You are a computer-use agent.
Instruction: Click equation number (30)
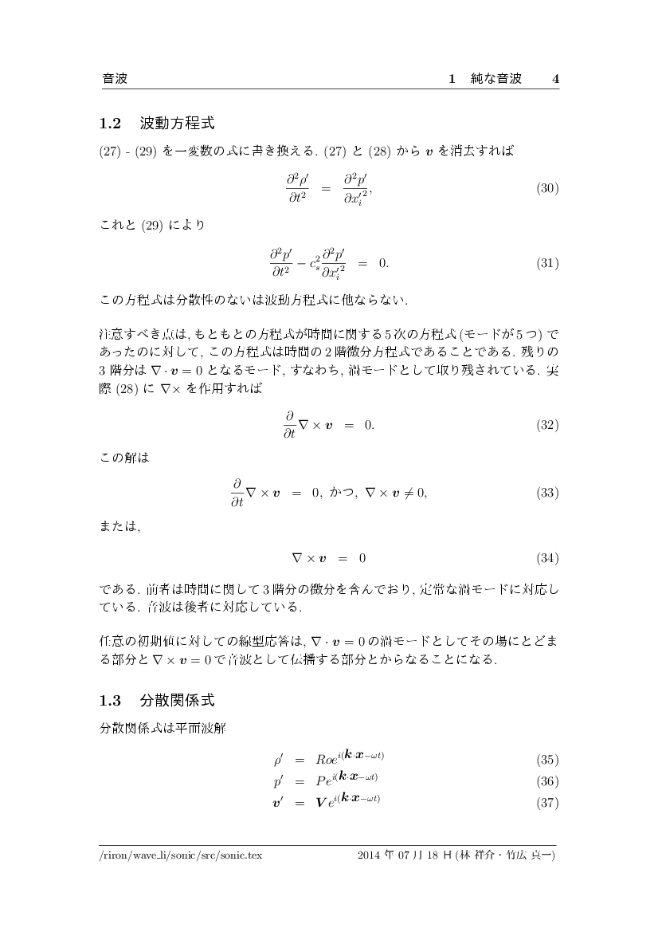[x=547, y=189]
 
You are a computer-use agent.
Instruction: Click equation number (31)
[x=547, y=262]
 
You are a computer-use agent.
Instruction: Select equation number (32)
[x=547, y=425]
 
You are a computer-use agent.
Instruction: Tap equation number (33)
[x=547, y=493]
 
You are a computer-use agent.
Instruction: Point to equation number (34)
[x=547, y=557]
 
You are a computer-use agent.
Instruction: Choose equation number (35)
[x=547, y=760]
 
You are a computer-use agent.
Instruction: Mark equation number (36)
[x=547, y=781]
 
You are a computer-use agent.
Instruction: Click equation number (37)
[x=547, y=802]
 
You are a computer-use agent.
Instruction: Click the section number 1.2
[x=109, y=124]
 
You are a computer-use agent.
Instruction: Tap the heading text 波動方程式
[x=177, y=124]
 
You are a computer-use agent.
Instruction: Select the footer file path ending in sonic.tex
[x=181, y=855]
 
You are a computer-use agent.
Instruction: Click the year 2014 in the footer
[x=371, y=855]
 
